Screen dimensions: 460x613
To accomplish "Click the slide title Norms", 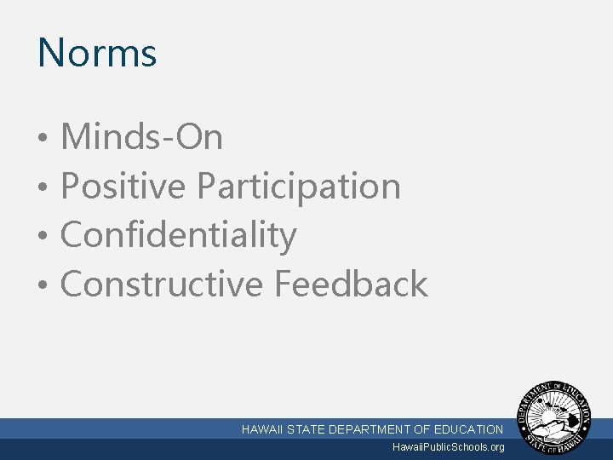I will pyautogui.click(x=97, y=53).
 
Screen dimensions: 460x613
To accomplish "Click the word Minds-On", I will pyautogui.click(x=142, y=137).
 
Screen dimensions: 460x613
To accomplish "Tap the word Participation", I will pyautogui.click(x=299, y=186).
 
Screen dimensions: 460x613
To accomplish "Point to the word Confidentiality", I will pyautogui.click(x=179, y=235).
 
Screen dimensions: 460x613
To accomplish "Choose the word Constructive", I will pyautogui.click(x=162, y=284).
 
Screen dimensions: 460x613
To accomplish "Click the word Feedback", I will pyautogui.click(x=351, y=284).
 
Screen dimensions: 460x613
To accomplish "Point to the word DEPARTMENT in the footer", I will pyautogui.click(x=370, y=429).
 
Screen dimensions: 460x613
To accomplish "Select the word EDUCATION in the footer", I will pyautogui.click(x=469, y=429).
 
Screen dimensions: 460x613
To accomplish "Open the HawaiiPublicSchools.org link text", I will pyautogui.click(x=448, y=447).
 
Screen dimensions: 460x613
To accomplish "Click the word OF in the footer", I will pyautogui.click(x=423, y=429).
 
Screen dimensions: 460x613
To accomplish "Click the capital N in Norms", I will pyautogui.click(x=50, y=53).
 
